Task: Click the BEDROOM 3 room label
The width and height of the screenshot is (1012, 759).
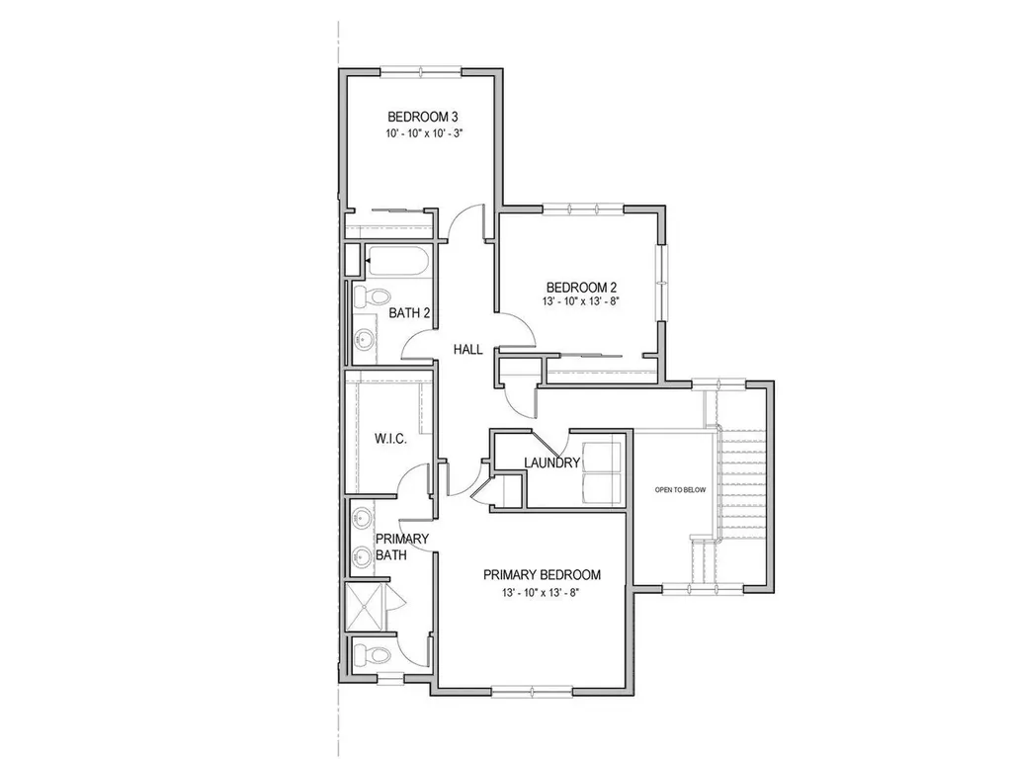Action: (x=422, y=117)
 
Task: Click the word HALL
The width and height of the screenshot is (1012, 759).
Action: (x=467, y=350)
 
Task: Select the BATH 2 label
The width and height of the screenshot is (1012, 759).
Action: (x=409, y=313)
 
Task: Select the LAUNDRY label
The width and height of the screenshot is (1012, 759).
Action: (x=551, y=463)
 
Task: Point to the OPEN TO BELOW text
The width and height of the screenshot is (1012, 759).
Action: (x=680, y=490)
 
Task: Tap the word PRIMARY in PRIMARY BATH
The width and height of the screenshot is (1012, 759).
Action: (x=402, y=539)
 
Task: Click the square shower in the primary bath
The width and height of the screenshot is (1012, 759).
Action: (x=368, y=605)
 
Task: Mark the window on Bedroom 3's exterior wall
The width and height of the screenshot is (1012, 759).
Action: (x=421, y=70)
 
